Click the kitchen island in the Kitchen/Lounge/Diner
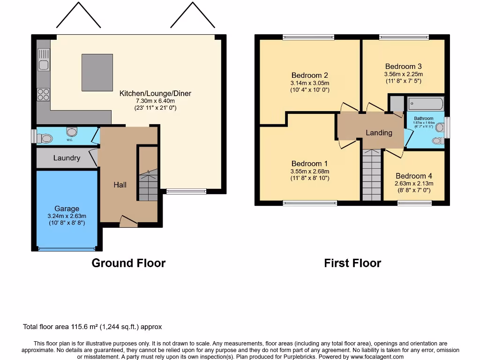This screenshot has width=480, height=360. tap(97, 72)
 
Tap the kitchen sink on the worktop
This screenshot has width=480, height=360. tap(44, 65)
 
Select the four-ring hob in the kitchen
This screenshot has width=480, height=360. tap(43, 94)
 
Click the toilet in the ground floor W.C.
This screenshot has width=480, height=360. tap(45, 138)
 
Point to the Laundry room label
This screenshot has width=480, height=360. tap(67, 158)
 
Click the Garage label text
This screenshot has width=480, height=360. tap(67, 209)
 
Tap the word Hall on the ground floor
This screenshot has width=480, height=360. tap(120, 185)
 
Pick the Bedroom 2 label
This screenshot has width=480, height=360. tap(309, 75)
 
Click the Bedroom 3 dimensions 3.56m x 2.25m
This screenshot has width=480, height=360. tap(403, 74)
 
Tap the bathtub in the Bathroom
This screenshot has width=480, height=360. tap(425, 104)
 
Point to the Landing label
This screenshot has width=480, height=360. tap(379, 133)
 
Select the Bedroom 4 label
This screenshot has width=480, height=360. tap(414, 176)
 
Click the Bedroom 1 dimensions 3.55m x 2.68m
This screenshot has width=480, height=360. tap(309, 171)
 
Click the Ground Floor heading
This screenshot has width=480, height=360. tap(128, 263)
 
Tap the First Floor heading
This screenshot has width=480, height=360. tap(352, 263)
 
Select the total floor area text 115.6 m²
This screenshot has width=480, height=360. tap(92, 327)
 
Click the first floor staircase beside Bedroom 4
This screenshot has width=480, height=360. tap(372, 175)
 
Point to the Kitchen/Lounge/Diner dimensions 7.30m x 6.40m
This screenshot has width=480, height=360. tap(155, 101)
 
